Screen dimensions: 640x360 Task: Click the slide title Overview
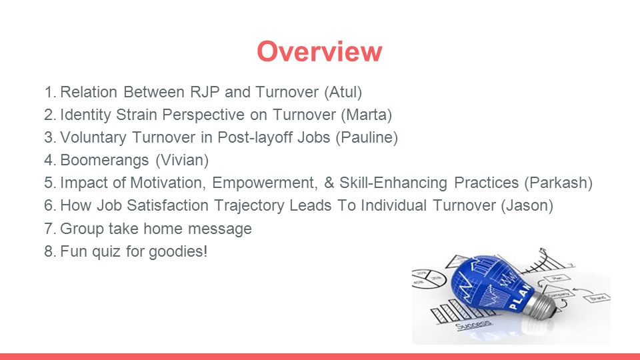click(319, 51)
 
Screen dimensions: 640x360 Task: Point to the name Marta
click(367, 115)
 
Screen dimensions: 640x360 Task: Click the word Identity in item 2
click(85, 115)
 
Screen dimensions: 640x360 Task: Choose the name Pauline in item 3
click(367, 137)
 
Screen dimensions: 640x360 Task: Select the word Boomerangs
click(105, 161)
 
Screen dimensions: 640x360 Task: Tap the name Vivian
click(182, 160)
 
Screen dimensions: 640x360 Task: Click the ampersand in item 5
click(329, 183)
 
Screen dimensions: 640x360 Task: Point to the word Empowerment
click(265, 183)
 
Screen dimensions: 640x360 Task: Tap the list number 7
click(50, 229)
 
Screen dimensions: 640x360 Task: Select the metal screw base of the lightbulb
click(542, 303)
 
